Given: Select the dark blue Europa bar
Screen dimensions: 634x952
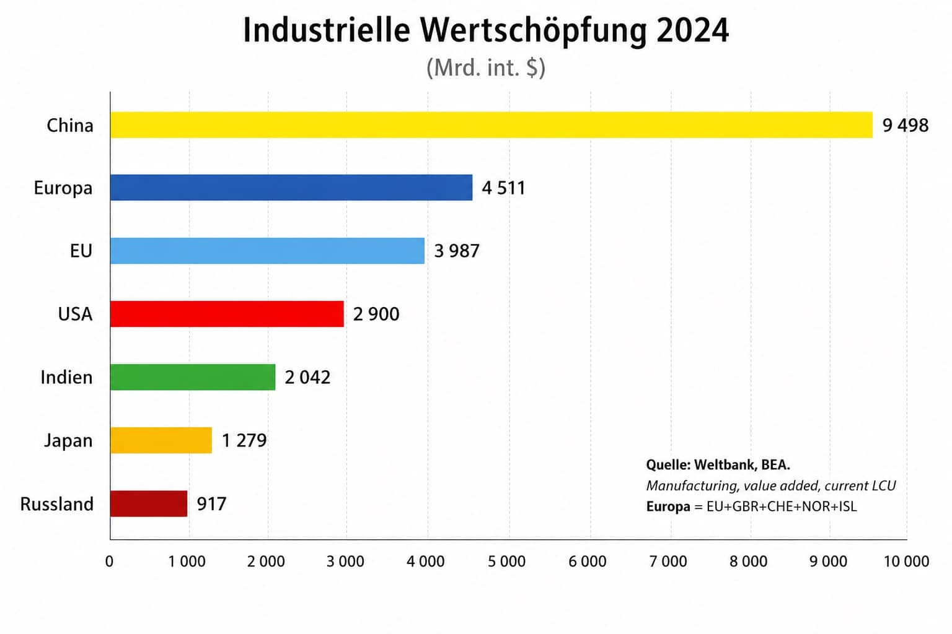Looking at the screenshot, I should (x=291, y=188).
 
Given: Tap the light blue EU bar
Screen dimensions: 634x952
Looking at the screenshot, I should (x=267, y=251).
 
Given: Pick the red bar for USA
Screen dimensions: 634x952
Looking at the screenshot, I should (x=227, y=314).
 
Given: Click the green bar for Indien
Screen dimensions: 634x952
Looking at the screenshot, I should (x=193, y=377).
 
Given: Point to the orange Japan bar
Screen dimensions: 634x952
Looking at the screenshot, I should (x=161, y=440).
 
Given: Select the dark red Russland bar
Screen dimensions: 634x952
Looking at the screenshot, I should (x=149, y=503).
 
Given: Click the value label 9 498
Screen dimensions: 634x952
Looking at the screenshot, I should (x=905, y=126).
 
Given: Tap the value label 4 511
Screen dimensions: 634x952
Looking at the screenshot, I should (x=503, y=188).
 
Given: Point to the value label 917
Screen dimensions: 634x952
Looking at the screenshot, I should (x=211, y=504).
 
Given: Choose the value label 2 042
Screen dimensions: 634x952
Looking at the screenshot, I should (x=307, y=378).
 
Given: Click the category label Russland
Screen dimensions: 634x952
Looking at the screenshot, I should (x=56, y=504).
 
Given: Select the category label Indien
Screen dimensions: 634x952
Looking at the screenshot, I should (x=66, y=378).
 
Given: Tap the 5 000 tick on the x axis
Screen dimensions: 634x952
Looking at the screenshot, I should (x=506, y=562).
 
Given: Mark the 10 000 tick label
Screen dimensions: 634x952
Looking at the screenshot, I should (x=906, y=562).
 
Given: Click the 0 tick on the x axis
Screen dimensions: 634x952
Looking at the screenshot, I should (x=110, y=562).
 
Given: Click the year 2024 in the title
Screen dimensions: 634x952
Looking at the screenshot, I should (x=692, y=30).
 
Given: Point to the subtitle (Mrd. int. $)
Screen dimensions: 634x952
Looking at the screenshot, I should (x=485, y=67).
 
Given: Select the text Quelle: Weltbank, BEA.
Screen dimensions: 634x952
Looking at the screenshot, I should (x=718, y=465).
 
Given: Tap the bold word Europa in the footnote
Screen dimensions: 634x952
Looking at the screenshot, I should (x=668, y=506).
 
